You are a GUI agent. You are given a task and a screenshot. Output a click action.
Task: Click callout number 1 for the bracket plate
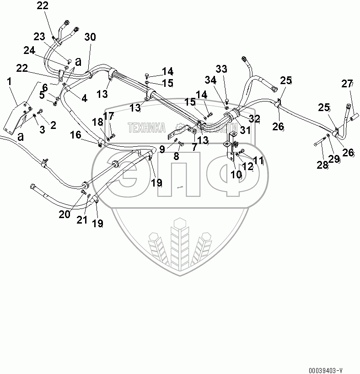pyautogui.click(x=9, y=83)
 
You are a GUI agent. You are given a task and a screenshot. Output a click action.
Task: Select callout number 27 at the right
pyautogui.click(x=347, y=84)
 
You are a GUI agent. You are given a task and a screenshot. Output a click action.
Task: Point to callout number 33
pyautogui.click(x=221, y=69)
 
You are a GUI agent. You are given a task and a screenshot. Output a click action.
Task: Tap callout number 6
pyautogui.click(x=45, y=87)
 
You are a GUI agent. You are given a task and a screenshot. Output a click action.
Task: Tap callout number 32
pyautogui.click(x=254, y=119)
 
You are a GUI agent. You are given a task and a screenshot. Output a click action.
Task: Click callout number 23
pyautogui.click(x=40, y=36)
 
